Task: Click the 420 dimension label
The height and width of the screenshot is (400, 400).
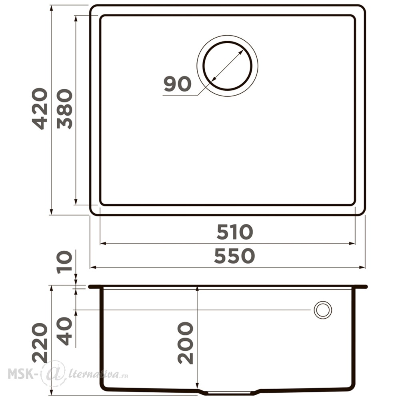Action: (39, 109)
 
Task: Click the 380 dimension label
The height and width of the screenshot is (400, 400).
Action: (64, 109)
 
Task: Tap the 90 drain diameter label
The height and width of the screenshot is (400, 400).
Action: (178, 84)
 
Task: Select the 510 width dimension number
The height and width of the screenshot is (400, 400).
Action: (235, 232)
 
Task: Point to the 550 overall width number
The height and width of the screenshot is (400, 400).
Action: (234, 256)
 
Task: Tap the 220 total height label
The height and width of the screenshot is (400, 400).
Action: (39, 343)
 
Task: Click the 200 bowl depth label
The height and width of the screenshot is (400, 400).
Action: (185, 343)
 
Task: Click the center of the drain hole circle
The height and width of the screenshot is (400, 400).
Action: (227, 66)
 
